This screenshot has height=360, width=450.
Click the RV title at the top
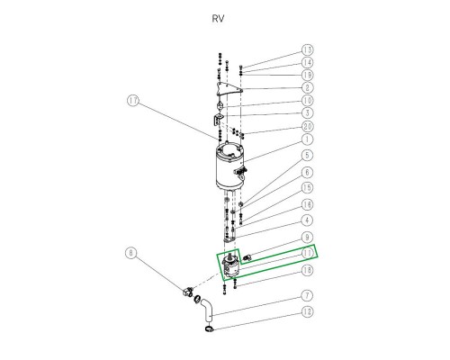click(x=218, y=19)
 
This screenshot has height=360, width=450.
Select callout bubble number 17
click(x=133, y=101)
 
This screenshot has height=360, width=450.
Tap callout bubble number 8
click(x=130, y=253)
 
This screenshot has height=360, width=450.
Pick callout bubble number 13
click(x=307, y=49)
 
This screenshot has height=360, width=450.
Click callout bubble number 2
click(x=307, y=88)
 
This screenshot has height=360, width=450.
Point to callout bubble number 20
click(x=307, y=126)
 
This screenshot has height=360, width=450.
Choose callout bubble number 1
click(x=307, y=139)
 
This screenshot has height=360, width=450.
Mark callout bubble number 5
click(x=307, y=156)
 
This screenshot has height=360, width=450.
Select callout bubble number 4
click(x=307, y=220)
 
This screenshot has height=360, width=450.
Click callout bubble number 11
click(x=307, y=254)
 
